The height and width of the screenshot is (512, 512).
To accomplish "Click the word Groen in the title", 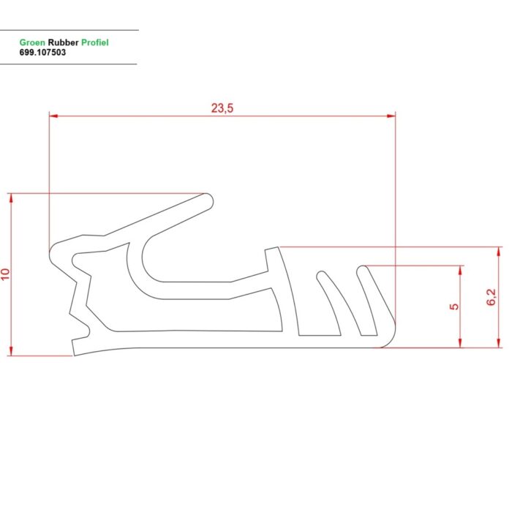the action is click(x=32, y=42).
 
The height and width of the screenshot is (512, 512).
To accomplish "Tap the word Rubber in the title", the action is click(x=63, y=42).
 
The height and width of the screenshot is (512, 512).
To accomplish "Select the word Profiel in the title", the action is click(x=94, y=42).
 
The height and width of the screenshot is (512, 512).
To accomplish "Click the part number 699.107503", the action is click(x=42, y=52).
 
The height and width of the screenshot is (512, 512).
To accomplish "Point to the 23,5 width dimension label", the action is click(x=222, y=108).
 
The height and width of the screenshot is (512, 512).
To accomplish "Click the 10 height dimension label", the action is click(x=6, y=274).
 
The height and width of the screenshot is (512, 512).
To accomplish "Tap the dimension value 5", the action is click(x=454, y=306).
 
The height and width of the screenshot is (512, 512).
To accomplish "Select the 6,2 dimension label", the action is click(x=491, y=297).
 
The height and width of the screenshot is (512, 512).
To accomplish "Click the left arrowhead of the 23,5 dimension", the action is click(x=53, y=116).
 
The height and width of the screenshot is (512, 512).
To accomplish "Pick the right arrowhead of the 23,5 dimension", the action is click(x=391, y=116).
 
